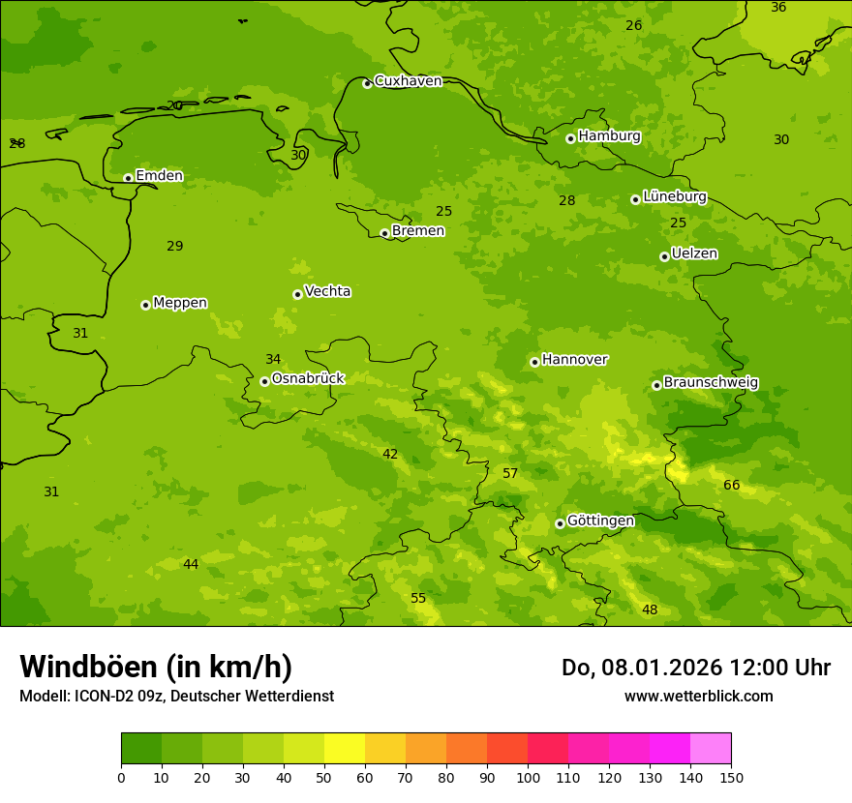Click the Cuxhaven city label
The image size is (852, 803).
(x=408, y=81)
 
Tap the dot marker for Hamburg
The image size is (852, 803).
(x=571, y=138)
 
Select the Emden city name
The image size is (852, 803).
(x=159, y=176)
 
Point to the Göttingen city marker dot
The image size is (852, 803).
(x=560, y=523)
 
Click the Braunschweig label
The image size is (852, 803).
(x=711, y=383)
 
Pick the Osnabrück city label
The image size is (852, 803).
(x=308, y=379)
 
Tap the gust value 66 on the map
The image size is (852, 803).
(x=732, y=486)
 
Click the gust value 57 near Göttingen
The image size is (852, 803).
(x=510, y=474)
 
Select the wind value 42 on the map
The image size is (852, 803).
(x=390, y=455)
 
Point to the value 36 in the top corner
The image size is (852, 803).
(x=778, y=8)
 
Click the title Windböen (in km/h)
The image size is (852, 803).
(x=156, y=668)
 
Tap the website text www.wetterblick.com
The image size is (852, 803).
(x=699, y=697)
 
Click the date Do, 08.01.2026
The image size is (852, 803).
(x=628, y=668)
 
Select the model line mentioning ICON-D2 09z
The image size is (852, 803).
(x=176, y=697)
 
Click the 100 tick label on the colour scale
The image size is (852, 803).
(x=528, y=777)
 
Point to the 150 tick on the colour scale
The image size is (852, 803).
(x=731, y=777)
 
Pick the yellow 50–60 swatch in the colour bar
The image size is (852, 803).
(x=345, y=749)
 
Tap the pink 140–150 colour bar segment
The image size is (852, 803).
(x=711, y=749)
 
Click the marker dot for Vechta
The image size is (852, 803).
(x=297, y=294)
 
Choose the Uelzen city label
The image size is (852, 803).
(x=694, y=254)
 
